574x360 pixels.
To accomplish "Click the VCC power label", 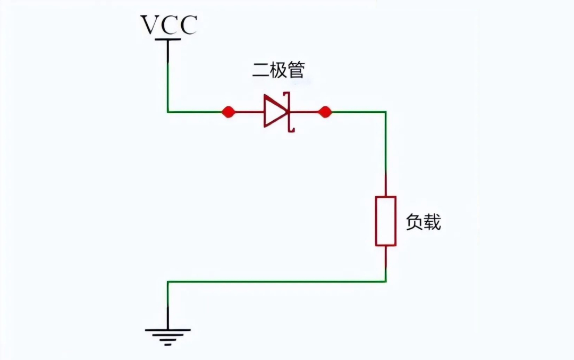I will click(x=168, y=25).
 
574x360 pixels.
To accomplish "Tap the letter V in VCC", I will click(x=149, y=25).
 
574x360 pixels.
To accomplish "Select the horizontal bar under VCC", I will click(x=168, y=39).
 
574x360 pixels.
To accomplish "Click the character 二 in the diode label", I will click(x=260, y=71).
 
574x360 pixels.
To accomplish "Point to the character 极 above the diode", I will click(x=278, y=71).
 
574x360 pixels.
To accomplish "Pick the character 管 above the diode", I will click(x=296, y=71).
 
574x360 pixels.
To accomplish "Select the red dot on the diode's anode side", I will click(x=228, y=112).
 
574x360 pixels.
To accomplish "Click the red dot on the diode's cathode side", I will click(x=325, y=112).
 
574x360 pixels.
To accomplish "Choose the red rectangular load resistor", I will click(x=385, y=221).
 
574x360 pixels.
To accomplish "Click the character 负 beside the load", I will click(x=414, y=222).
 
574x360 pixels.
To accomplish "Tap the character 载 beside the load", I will click(x=432, y=222).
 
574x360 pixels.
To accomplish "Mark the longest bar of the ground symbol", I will click(x=167, y=330).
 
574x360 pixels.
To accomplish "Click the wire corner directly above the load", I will click(x=385, y=112).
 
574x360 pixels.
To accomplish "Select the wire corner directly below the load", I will click(x=385, y=281).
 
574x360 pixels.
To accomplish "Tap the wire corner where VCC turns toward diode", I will click(x=168, y=112).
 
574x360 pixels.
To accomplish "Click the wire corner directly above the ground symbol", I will click(x=168, y=282).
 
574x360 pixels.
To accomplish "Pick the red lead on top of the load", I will click(x=385, y=184).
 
